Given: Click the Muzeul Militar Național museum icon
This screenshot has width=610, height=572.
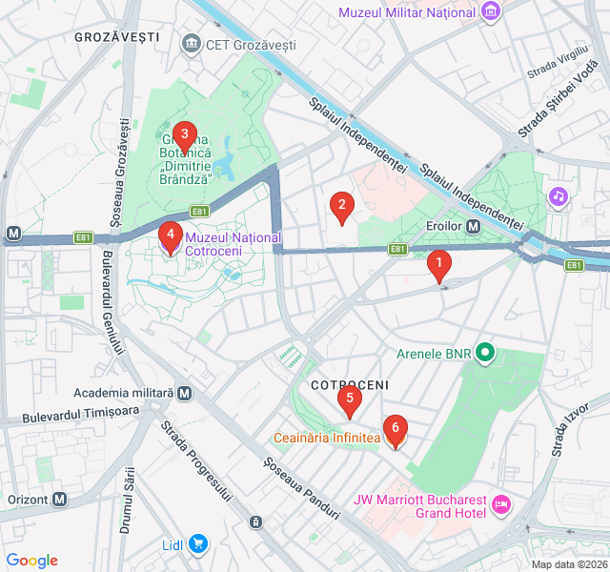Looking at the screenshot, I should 491,12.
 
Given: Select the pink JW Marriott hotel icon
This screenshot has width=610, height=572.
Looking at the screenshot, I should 500,502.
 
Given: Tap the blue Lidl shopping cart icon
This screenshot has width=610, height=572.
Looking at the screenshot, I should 198,544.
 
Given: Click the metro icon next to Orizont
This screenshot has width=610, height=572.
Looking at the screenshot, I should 60,499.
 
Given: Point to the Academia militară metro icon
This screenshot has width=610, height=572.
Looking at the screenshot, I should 184,393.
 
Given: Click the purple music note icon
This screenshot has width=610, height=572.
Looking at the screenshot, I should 559,196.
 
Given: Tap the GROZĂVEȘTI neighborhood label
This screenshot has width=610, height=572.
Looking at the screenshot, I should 115,37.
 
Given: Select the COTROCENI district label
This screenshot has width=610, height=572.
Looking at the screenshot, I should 350,384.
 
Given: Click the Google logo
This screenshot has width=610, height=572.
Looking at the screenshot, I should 31,561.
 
